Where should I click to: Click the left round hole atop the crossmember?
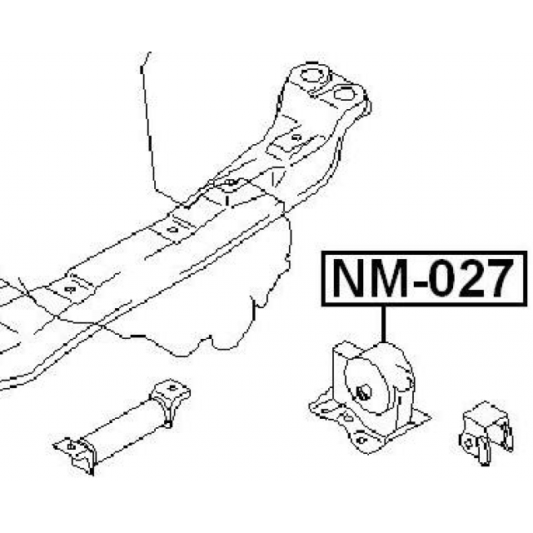[x=312, y=82]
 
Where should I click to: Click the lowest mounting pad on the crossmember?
[x=68, y=289]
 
